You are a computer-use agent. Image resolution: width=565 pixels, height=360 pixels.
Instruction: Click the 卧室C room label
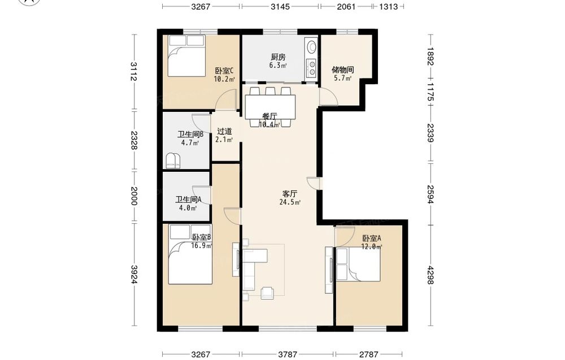pyautogui.click(x=224, y=71)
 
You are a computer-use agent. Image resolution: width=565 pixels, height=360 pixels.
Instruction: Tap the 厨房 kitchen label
pyautogui.click(x=278, y=57)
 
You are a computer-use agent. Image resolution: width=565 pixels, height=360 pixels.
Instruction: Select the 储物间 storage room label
pyautogui.click(x=343, y=70)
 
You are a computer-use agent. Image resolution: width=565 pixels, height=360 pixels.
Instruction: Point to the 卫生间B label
pyautogui.click(x=190, y=135)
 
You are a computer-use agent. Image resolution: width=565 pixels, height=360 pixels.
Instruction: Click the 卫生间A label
pyautogui.click(x=188, y=199)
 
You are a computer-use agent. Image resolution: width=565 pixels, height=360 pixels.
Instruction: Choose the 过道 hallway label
pyautogui.click(x=224, y=132)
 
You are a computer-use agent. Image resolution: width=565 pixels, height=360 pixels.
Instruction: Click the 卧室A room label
pyautogui.click(x=372, y=238)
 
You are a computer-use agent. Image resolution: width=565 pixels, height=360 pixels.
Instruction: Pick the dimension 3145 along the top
pyautogui.click(x=280, y=6)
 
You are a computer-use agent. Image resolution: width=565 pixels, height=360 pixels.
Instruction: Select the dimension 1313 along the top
pyautogui.click(x=389, y=6)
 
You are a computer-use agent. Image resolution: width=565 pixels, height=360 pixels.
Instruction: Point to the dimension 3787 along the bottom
pyautogui.click(x=287, y=354)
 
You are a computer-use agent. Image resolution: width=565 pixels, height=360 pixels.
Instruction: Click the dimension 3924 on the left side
pyautogui.click(x=134, y=275)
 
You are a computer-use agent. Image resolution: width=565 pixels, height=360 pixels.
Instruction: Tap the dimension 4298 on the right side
pyautogui.click(x=430, y=275)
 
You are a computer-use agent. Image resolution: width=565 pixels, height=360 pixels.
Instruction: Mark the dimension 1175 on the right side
pyautogui.click(x=430, y=92)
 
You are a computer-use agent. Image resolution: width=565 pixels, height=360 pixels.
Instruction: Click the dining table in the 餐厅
pyautogui.click(x=270, y=107)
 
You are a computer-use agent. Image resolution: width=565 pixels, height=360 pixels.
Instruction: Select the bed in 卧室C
pyautogui.click(x=186, y=55)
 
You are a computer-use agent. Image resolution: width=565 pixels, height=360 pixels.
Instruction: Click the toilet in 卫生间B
pyautogui.click(x=173, y=161)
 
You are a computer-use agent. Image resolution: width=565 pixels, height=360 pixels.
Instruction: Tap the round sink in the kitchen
pyautogui.click(x=311, y=46)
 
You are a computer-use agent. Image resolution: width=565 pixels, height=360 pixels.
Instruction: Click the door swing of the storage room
pyautogui.click(x=328, y=97)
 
